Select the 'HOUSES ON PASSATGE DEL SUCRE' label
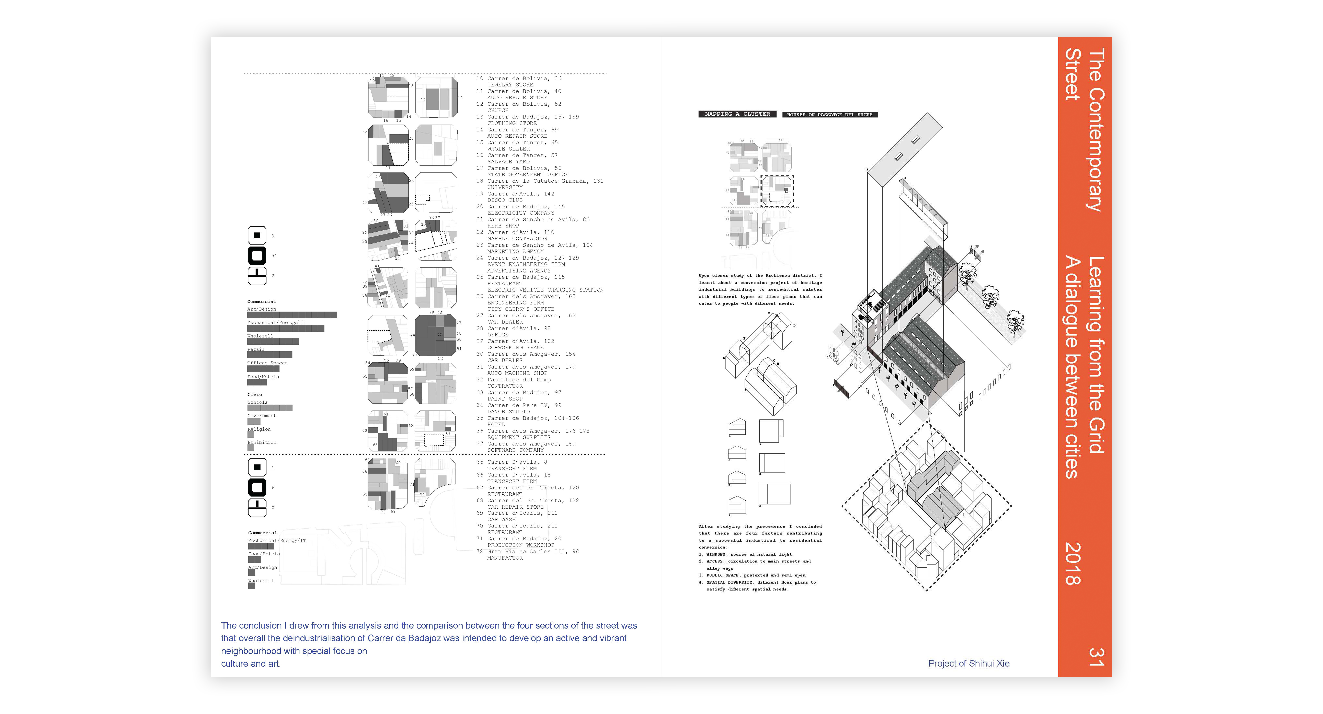[829, 115]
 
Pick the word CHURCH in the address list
[498, 111]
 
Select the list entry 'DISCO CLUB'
[505, 200]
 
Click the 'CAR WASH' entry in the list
[501, 519]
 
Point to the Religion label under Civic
[259, 429]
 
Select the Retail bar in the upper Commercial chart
[270, 354]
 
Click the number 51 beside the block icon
[274, 256]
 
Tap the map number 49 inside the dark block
[440, 334]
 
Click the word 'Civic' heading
[255, 394]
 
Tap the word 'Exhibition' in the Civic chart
[262, 442]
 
